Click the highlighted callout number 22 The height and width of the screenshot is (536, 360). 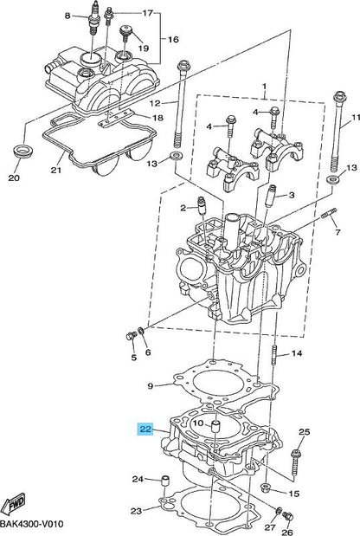145,429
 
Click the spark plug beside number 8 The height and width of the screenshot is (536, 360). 92,21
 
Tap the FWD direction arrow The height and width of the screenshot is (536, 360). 13,505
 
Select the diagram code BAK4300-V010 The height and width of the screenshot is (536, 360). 32,524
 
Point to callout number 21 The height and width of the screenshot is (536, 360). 56,170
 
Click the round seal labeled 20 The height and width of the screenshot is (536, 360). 23,151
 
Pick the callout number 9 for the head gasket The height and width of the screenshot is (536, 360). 151,386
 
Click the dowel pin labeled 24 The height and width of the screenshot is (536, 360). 165,481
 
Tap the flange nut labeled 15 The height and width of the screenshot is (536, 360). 266,488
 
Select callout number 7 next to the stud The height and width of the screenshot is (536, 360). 337,232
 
